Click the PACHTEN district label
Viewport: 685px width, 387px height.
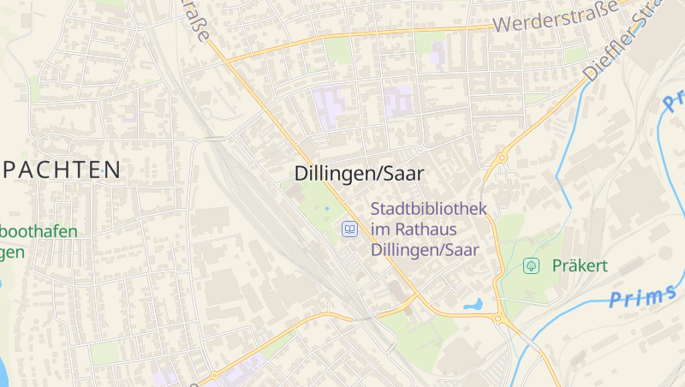[60, 170]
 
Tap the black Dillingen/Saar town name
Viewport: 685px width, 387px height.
[360, 173]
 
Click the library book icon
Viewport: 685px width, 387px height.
[349, 229]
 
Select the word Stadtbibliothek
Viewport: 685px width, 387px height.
[428, 208]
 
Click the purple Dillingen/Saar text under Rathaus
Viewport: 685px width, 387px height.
[425, 250]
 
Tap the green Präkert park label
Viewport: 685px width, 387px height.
[580, 265]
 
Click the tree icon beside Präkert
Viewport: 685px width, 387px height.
[532, 265]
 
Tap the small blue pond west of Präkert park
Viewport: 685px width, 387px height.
[473, 304]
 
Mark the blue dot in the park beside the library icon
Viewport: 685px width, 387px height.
[326, 207]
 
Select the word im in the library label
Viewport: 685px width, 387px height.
[381, 229]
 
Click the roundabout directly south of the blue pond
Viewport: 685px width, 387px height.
[497, 319]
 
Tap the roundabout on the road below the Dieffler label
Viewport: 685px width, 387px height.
[502, 158]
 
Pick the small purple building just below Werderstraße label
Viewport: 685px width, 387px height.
[438, 52]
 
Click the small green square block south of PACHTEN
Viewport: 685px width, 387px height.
[105, 353]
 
